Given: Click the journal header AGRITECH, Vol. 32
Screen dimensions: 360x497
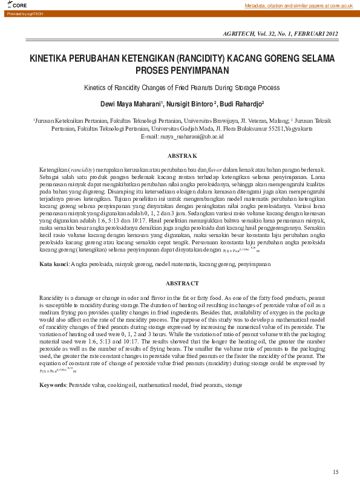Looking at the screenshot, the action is point(281,33).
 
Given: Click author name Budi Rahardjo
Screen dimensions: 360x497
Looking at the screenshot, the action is point(241,103).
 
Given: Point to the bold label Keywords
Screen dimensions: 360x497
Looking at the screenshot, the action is point(53,385).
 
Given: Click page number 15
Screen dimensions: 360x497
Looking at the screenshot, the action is point(336,472).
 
